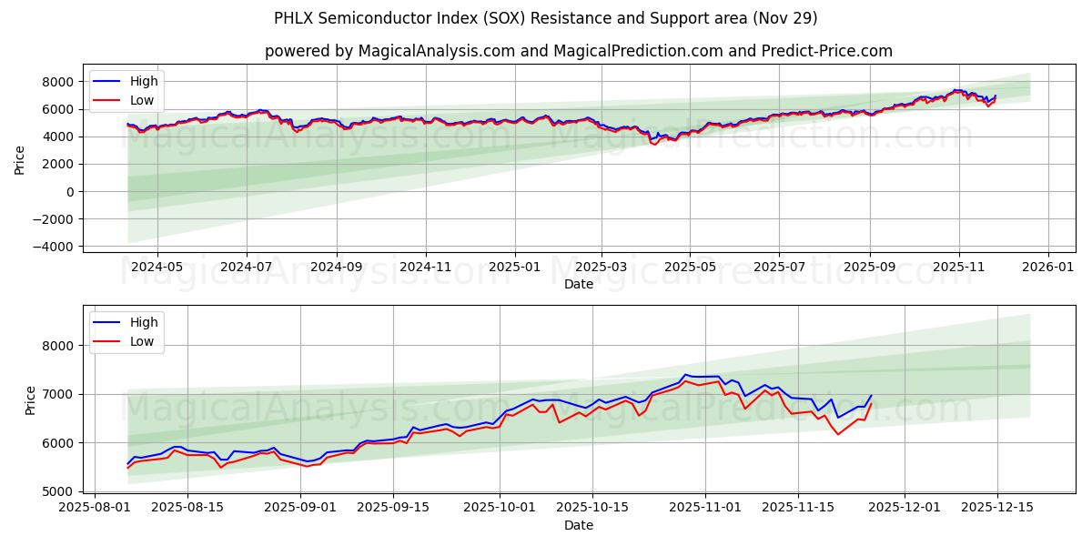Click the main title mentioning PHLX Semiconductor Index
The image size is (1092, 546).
[546, 18]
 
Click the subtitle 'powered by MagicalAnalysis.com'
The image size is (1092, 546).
[579, 51]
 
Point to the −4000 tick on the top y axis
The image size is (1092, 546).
[53, 247]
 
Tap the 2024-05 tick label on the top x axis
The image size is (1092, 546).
[157, 268]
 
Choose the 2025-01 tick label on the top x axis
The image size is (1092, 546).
[515, 268]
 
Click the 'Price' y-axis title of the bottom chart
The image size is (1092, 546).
[31, 400]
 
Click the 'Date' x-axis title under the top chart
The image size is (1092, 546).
[579, 284]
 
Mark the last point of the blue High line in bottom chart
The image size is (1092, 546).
[871, 396]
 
